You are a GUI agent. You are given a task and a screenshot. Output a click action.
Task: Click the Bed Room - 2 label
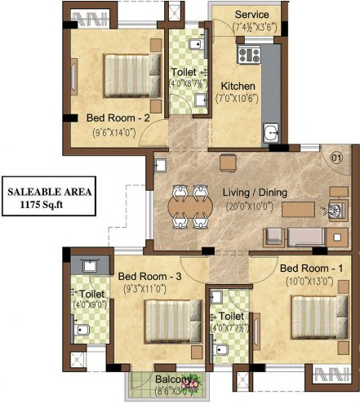118,118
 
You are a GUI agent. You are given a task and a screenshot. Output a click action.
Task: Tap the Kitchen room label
239,86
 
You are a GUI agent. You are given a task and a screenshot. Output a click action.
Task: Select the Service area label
252,16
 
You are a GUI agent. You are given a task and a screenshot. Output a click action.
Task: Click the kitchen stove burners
249,55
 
